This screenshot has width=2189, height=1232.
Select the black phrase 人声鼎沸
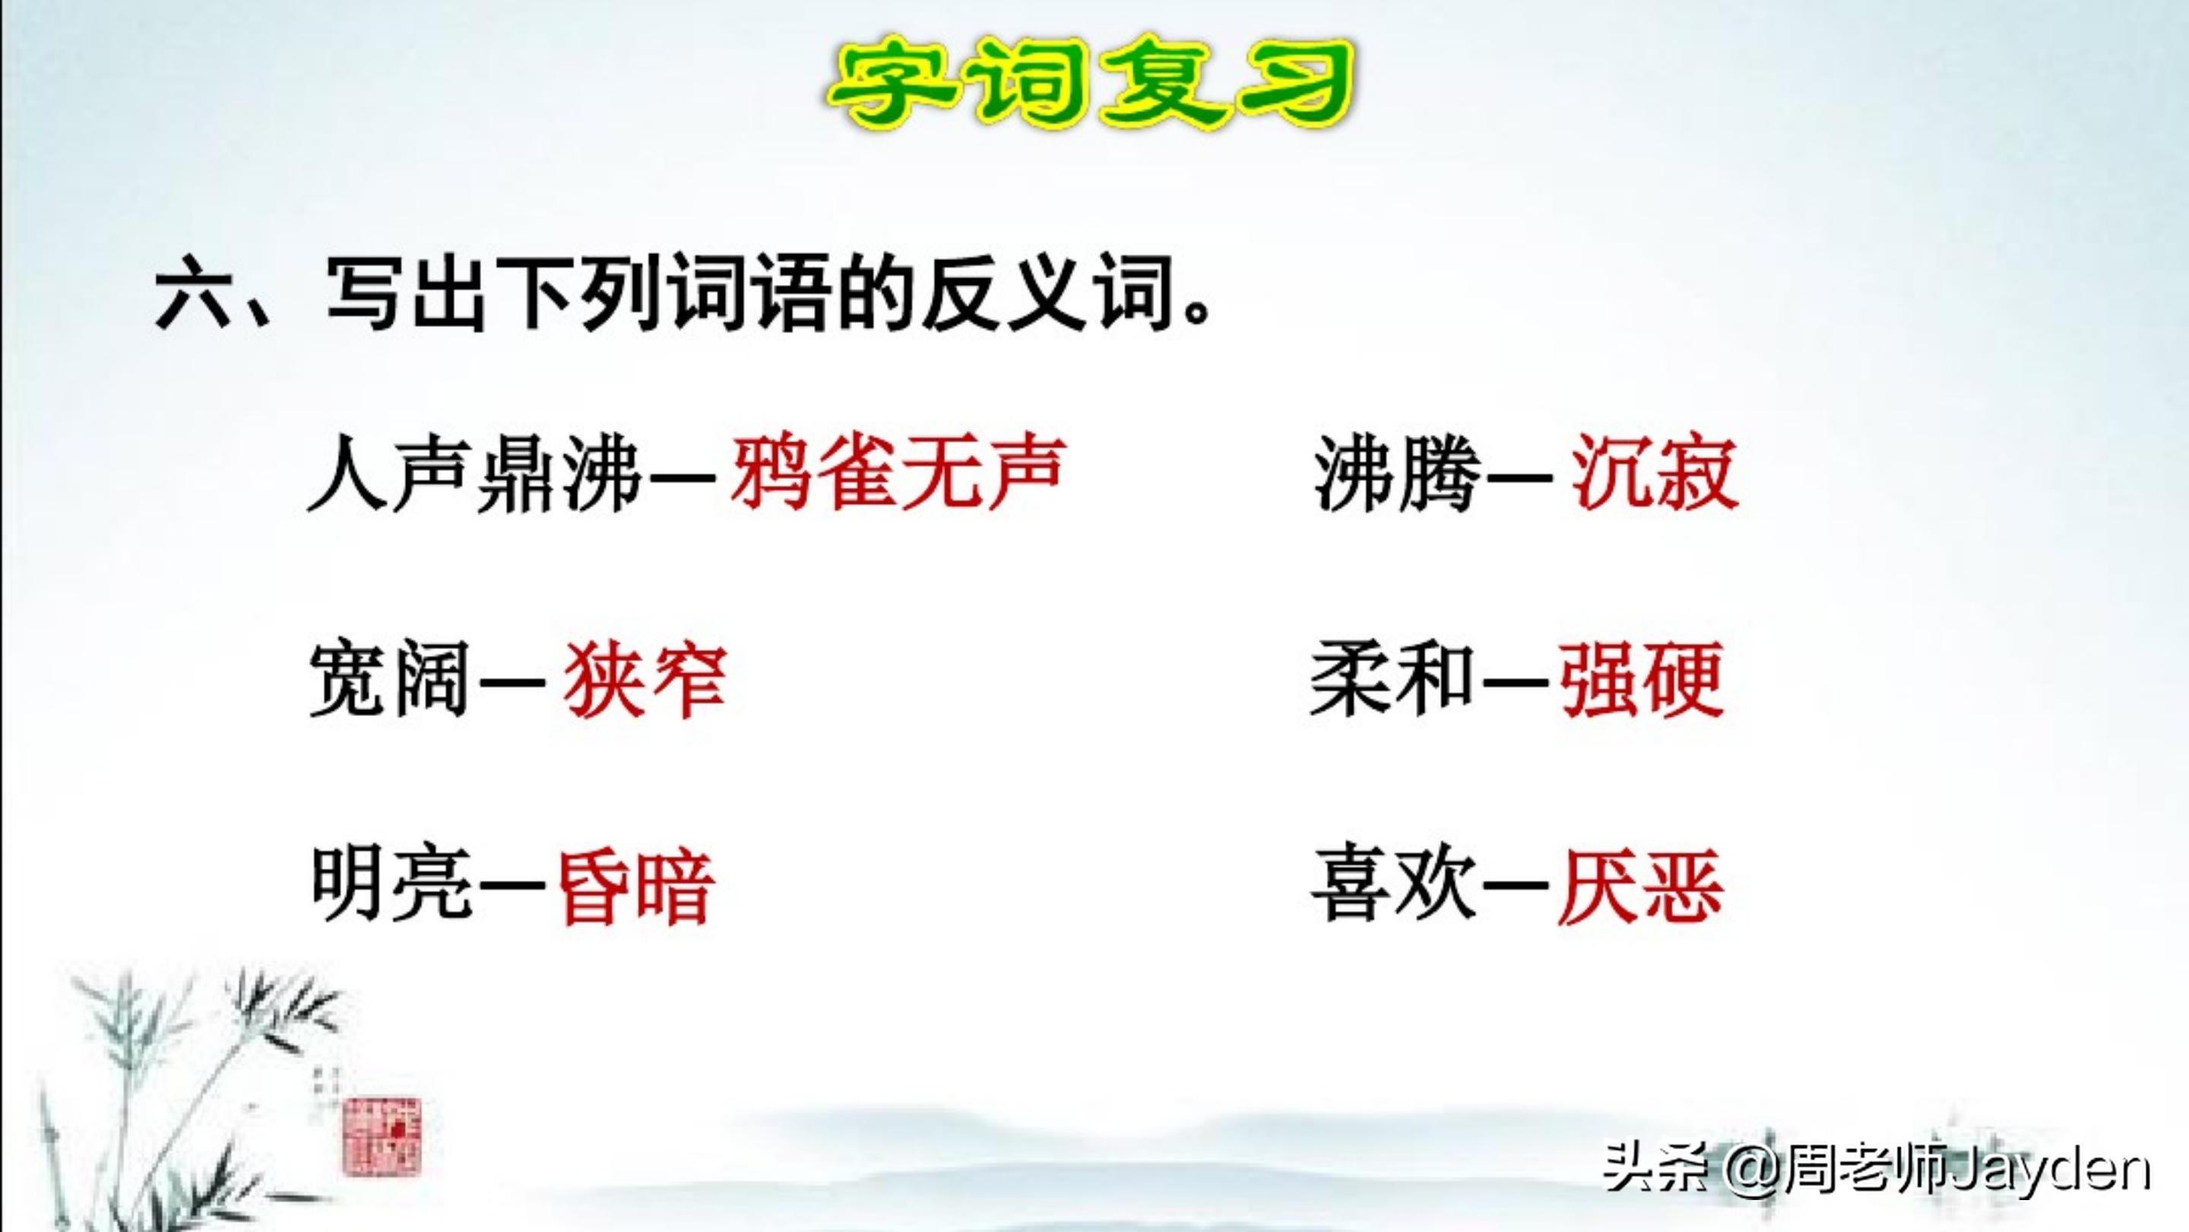[x=474, y=474]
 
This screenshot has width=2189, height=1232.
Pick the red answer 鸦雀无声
[x=897, y=473]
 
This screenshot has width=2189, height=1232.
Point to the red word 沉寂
[x=1654, y=474]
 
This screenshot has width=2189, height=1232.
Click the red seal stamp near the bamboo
[x=382, y=1135]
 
